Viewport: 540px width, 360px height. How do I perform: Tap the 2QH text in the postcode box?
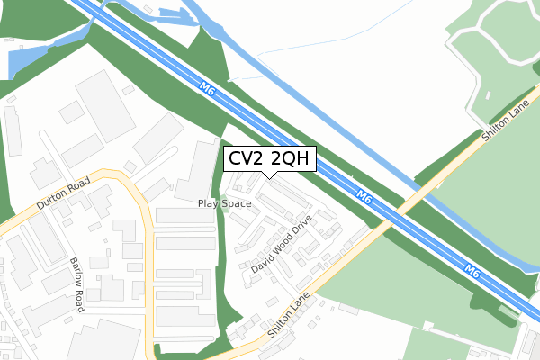(x=290, y=159)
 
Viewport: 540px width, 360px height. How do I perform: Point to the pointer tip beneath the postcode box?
(x=269, y=177)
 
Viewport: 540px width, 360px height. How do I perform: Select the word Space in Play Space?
(x=237, y=203)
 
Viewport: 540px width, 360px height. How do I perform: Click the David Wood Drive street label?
(x=282, y=244)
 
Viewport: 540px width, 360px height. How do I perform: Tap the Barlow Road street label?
(x=77, y=283)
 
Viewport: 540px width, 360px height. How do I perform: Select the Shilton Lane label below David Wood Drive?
(x=288, y=315)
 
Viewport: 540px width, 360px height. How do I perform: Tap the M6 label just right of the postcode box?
(x=364, y=196)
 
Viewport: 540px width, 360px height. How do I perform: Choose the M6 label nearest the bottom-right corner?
(x=473, y=269)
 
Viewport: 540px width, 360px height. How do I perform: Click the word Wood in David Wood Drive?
(x=282, y=244)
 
